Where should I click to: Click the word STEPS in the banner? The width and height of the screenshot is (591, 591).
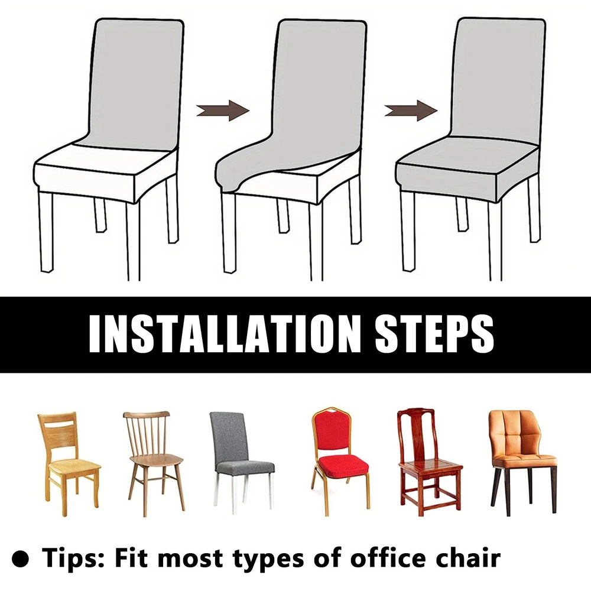(434, 333)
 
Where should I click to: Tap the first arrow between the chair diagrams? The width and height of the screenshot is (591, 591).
(223, 111)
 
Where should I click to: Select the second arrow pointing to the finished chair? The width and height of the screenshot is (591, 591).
(411, 111)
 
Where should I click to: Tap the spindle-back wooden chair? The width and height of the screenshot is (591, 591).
(154, 463)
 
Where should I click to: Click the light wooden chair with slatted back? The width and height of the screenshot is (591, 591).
(69, 463)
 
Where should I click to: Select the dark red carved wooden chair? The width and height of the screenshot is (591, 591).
(429, 462)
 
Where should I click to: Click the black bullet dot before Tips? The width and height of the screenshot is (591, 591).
(20, 558)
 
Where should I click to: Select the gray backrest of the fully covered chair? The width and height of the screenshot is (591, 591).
(498, 77)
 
